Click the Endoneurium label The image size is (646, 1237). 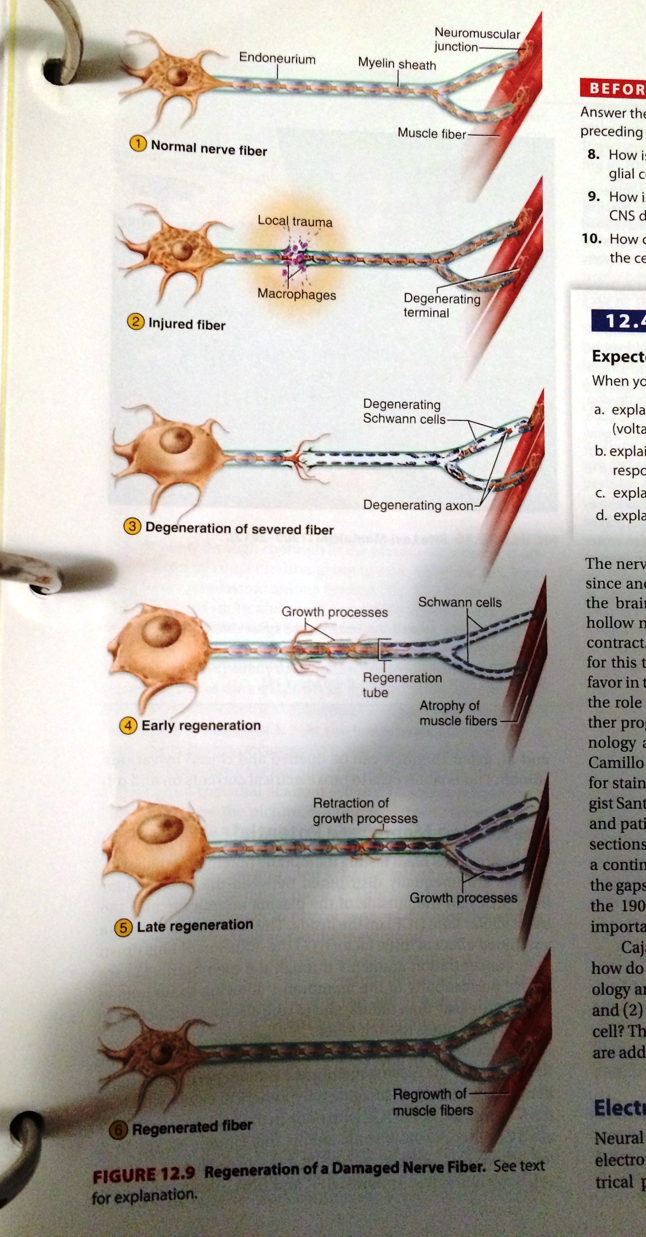tap(277, 59)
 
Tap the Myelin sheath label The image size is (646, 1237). tap(397, 64)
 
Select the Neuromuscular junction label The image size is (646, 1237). tap(477, 40)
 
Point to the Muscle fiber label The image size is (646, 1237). tap(431, 133)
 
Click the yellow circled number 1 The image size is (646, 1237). tap(138, 144)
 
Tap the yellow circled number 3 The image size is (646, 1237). tap(132, 526)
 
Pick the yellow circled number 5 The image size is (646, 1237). tap(123, 927)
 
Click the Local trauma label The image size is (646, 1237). tap(294, 221)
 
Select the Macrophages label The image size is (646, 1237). tap(296, 294)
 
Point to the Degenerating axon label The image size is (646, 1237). tap(417, 505)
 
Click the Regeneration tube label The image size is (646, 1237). tap(401, 684)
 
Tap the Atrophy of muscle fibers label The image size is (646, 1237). tap(458, 713)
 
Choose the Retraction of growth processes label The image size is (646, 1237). tap(364, 810)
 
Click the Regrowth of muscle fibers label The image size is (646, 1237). tap(432, 1102)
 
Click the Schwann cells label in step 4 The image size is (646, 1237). tap(460, 602)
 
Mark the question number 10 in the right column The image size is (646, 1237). tap(592, 239)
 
